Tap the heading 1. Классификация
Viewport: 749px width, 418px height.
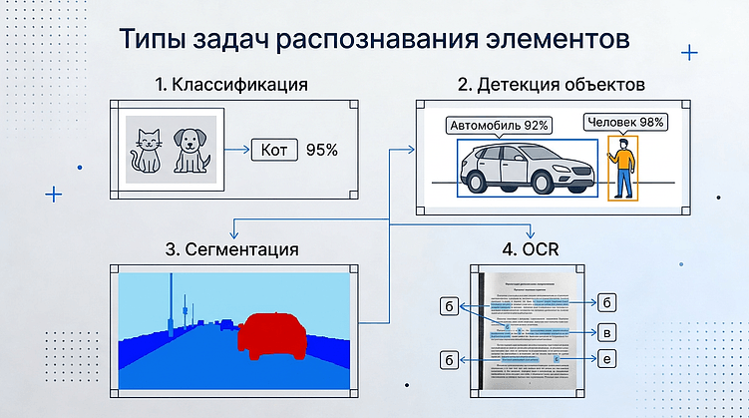pyautogui.click(x=230, y=85)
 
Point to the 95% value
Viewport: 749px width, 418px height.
pyautogui.click(x=321, y=151)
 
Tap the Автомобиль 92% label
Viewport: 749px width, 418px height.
pyautogui.click(x=500, y=126)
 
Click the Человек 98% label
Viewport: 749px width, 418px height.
pyautogui.click(x=624, y=123)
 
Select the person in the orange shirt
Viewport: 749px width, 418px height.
pyautogui.click(x=622, y=170)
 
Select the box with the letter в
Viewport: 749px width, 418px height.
pyautogui.click(x=607, y=331)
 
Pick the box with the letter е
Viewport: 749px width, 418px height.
pyautogui.click(x=607, y=358)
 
